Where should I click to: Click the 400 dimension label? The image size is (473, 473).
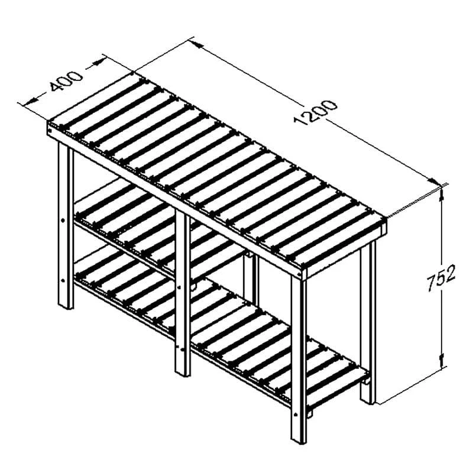[66, 81]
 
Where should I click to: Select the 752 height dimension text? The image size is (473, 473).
[440, 277]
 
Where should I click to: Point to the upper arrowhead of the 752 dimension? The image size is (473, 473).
[442, 193]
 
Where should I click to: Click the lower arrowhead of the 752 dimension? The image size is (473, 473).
[442, 361]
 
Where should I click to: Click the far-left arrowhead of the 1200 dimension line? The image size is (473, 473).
[197, 43]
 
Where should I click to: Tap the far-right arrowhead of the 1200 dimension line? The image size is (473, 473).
[435, 181]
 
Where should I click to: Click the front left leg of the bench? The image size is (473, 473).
[66, 225]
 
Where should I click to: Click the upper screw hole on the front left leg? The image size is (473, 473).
[63, 221]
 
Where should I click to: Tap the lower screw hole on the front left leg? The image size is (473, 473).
[63, 280]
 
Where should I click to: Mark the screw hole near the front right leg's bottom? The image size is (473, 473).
[296, 414]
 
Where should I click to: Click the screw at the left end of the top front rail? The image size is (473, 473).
[50, 131]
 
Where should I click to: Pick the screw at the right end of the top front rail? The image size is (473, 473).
[299, 274]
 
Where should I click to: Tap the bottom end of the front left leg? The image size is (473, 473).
[66, 307]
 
